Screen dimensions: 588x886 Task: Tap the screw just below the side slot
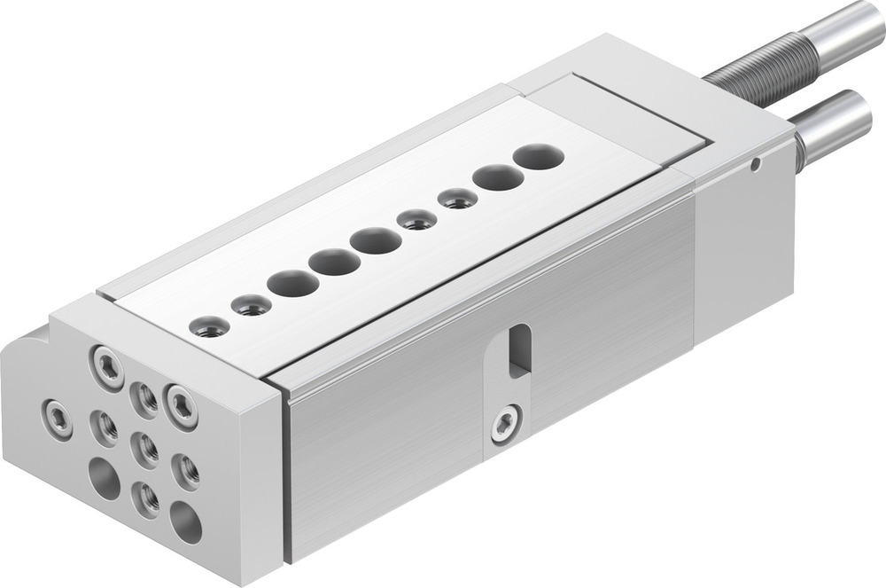pyautogui.click(x=507, y=422)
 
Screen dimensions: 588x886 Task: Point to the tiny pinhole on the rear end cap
pyautogui.click(x=754, y=163)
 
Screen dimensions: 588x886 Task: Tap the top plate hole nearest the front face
pyautogui.click(x=210, y=327)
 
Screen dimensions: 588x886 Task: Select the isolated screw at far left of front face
pyautogui.click(x=58, y=418)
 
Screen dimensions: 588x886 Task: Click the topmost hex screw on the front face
pyautogui.click(x=108, y=366)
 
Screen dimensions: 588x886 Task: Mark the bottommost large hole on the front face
pyautogui.click(x=186, y=522)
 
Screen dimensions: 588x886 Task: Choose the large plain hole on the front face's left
pyautogui.click(x=105, y=479)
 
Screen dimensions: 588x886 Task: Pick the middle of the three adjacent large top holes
pyautogui.click(x=334, y=262)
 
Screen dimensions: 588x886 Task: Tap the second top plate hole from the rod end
pyautogui.click(x=497, y=177)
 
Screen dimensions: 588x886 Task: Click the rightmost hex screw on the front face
pyautogui.click(x=182, y=406)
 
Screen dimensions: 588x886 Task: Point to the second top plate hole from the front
pyautogui.click(x=251, y=306)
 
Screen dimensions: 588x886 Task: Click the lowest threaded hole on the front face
pyautogui.click(x=146, y=498)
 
